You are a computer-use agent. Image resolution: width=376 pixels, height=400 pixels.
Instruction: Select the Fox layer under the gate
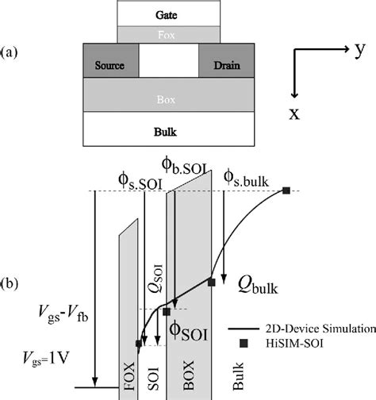pos(166,35)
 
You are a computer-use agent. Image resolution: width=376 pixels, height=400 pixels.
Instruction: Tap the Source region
pos(110,65)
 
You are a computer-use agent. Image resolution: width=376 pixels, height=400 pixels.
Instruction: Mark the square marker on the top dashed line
pos(286,190)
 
